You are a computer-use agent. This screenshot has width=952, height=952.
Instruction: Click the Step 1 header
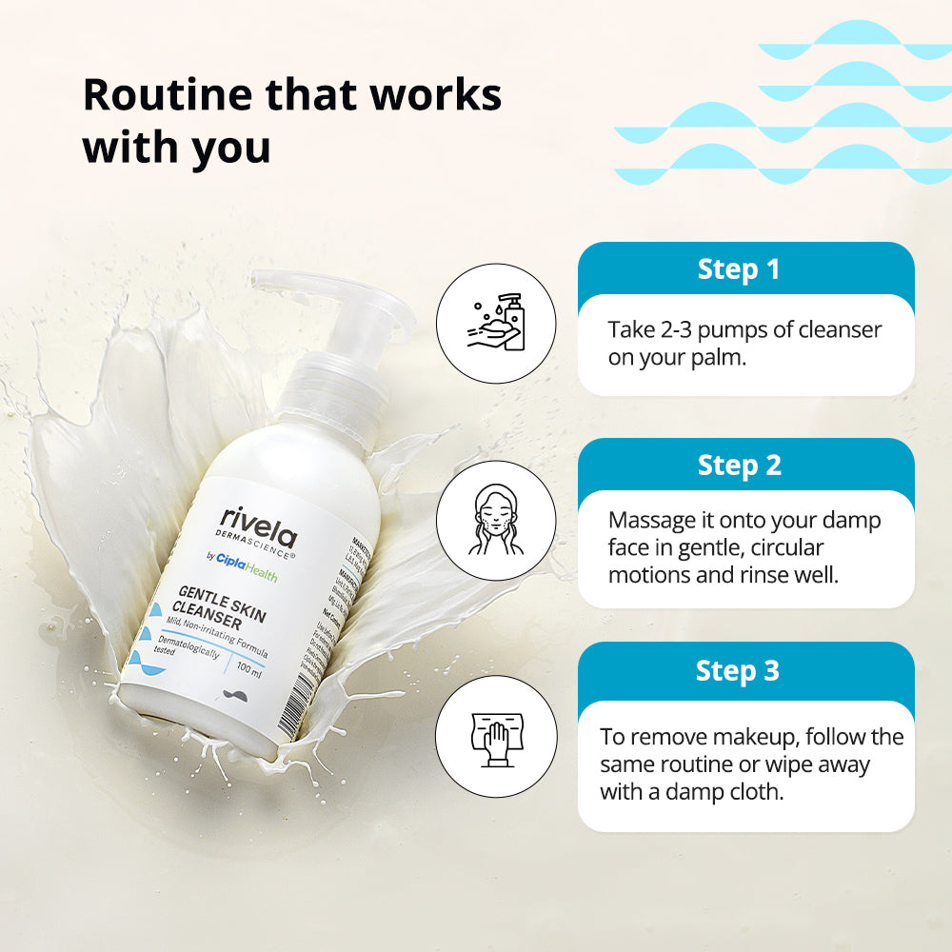coord(739,269)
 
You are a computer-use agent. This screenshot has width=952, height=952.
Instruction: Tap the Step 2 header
coord(739,466)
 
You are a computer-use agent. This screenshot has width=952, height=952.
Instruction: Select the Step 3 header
coord(738,670)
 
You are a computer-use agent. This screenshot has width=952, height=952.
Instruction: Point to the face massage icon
coord(495,521)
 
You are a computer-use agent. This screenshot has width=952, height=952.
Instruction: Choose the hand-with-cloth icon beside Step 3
coord(495,736)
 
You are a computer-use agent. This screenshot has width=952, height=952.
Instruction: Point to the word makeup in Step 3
coord(735,738)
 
